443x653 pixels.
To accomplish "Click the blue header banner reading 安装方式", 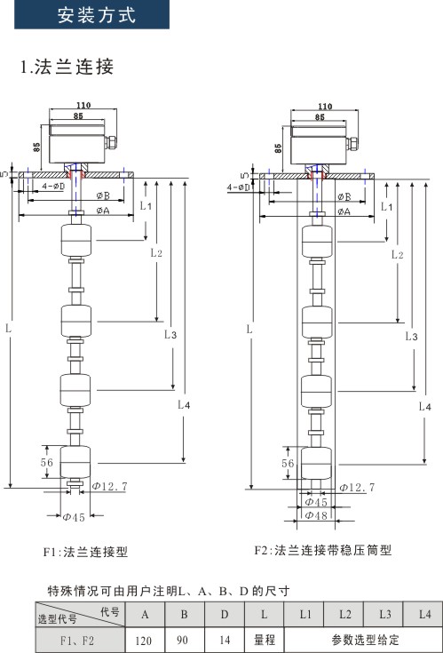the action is [x=92, y=14].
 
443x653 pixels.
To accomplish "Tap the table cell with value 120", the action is [x=145, y=640].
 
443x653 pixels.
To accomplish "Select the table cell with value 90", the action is [x=184, y=640].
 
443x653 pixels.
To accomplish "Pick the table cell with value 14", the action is [x=225, y=640].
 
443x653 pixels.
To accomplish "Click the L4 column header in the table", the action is [x=424, y=614].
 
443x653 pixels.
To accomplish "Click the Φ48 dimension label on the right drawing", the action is [x=316, y=515].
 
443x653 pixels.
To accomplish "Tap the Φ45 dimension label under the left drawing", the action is [x=74, y=517].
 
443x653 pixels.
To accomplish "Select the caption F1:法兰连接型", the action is [x=85, y=552].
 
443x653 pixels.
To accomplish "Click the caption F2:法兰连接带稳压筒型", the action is [x=323, y=550].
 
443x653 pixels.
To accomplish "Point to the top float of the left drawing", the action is [x=76, y=240].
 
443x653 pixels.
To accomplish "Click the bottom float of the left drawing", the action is [x=75, y=462].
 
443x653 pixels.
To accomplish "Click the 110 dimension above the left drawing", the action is [x=83, y=105].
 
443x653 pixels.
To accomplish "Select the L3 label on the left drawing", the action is [x=170, y=334].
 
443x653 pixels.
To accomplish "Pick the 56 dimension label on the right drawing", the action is [x=288, y=463].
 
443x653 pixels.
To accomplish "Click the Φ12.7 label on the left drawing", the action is [x=110, y=486].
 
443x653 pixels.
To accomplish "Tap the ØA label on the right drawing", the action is [x=344, y=211].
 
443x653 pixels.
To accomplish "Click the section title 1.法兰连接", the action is [x=67, y=67].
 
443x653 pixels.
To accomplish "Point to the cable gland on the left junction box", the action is [x=111, y=142].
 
